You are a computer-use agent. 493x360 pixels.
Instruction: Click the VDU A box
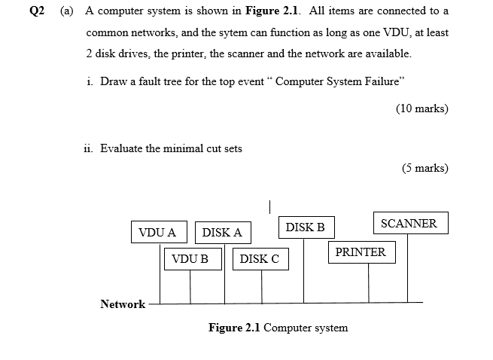pos(158,232)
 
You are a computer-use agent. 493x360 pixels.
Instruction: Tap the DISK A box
pos(222,232)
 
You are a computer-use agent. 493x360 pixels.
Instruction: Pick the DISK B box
pos(305,227)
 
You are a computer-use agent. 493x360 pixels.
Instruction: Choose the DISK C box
pos(259,259)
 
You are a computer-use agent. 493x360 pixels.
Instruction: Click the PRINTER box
pos(360,252)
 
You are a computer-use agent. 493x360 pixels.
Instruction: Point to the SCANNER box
pos(409,224)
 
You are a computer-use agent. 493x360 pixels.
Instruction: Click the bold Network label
pos(123,304)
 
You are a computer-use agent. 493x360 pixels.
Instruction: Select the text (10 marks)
pos(421,108)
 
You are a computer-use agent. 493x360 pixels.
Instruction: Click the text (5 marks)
pos(425,168)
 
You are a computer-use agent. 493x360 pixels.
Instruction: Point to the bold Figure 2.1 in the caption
pos(235,328)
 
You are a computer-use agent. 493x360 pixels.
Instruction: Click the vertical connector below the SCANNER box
pos(408,269)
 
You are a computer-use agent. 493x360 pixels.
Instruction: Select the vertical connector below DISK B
pos(304,270)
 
